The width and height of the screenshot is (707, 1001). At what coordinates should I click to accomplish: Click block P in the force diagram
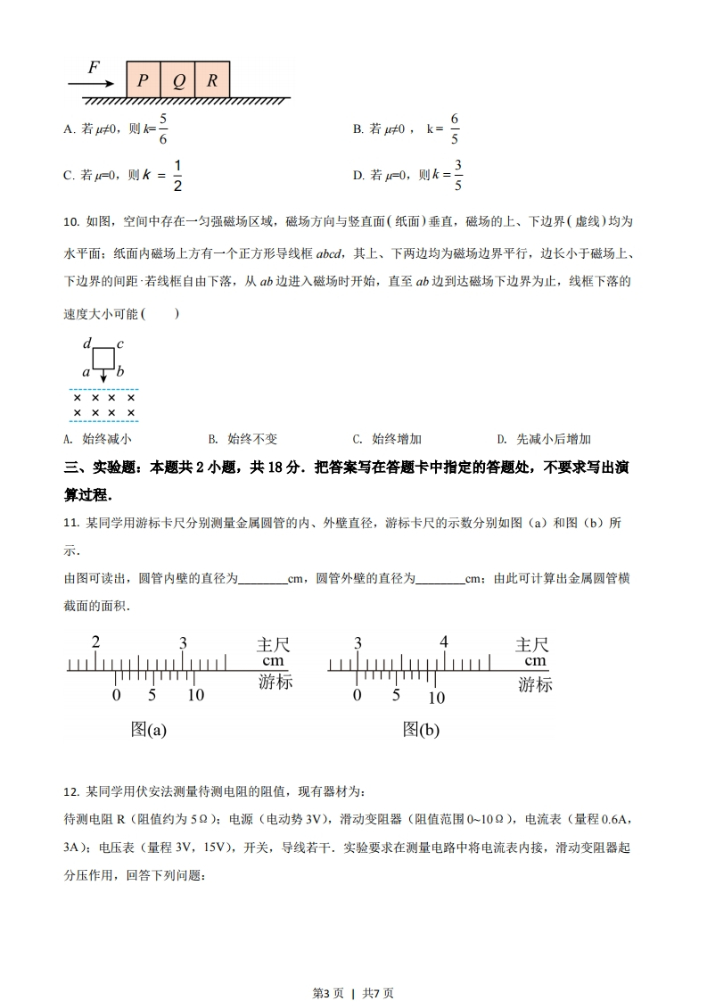point(143,79)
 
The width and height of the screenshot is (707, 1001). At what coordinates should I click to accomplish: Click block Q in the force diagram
point(178,79)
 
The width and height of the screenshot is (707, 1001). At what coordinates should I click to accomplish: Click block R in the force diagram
point(212,79)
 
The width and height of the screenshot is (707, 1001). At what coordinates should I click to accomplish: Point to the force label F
point(94,68)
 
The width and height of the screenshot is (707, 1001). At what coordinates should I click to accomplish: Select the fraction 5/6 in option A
point(162,128)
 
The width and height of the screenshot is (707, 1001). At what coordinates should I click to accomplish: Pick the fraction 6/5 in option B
point(454,128)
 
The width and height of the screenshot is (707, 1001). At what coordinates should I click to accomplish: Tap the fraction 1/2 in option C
point(177,175)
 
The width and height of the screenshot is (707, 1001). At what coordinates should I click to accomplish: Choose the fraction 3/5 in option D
point(458,175)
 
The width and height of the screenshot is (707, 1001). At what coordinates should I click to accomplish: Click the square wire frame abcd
point(103,358)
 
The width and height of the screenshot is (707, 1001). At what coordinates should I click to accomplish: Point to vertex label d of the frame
point(86,343)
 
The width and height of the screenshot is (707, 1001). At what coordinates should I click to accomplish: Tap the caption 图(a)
point(149,730)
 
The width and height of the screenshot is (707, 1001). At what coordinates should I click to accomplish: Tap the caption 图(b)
point(421,730)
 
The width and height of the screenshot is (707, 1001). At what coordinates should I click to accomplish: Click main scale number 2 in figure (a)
point(95,642)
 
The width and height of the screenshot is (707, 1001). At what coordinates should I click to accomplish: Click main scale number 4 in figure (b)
point(444,642)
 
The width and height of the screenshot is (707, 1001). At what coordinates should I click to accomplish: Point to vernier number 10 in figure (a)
point(195,696)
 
